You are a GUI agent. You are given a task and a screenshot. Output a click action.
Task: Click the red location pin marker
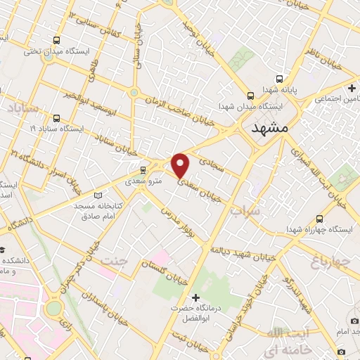pyautogui.click(x=181, y=165)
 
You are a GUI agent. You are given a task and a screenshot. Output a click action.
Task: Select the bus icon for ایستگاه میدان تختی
pyautogui.click(x=56, y=40)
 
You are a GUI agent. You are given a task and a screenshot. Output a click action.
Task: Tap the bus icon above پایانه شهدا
pyautogui.click(x=280, y=79)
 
